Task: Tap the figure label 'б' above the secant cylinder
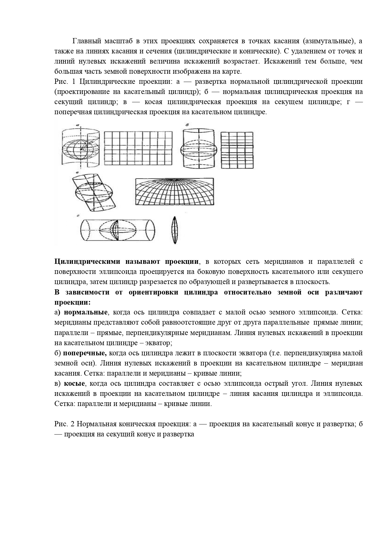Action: tap(187, 125)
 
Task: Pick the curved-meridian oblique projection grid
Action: tap(175, 192)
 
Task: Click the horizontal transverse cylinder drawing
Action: tap(117, 230)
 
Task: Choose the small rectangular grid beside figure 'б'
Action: tap(237, 150)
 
